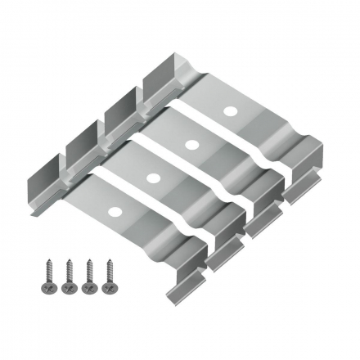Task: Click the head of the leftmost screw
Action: [x=42, y=290]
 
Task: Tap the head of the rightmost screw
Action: [x=107, y=290]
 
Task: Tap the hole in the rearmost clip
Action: [x=230, y=109]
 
